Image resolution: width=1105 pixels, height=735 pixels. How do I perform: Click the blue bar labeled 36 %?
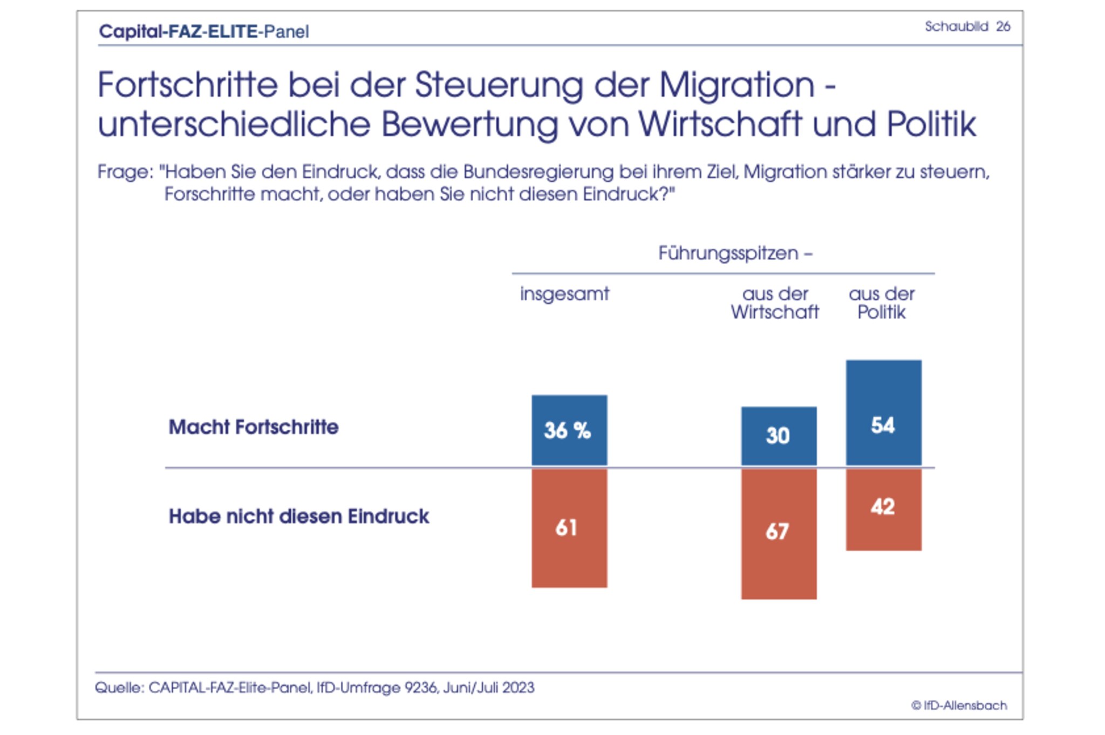click(569, 430)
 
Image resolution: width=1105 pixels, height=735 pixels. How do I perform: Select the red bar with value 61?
click(569, 527)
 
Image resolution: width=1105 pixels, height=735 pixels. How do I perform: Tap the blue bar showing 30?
click(779, 436)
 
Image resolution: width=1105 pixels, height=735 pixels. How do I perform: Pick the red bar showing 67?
click(779, 533)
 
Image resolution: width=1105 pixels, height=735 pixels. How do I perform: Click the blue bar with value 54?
click(883, 413)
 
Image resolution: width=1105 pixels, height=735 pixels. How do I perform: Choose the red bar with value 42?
click(883, 509)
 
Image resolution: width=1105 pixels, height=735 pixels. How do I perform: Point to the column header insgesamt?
click(564, 294)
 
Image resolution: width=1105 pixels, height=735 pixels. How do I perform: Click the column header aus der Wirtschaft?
click(775, 303)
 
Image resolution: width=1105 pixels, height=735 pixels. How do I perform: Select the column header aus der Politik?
click(882, 303)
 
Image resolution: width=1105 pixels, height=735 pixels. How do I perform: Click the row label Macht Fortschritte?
click(254, 427)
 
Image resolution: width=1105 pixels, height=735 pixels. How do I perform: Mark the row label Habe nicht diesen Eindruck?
click(299, 516)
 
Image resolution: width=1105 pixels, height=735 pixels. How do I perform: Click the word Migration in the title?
click(736, 85)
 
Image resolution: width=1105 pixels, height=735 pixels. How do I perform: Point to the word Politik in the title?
click(931, 125)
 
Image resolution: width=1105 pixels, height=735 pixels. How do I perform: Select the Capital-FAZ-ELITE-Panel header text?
click(204, 31)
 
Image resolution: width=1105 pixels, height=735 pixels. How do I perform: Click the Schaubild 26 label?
click(967, 26)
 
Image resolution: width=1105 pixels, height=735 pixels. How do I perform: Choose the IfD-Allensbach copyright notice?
click(959, 705)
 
